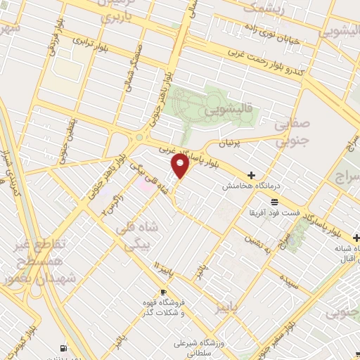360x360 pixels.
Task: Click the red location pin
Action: [180, 166]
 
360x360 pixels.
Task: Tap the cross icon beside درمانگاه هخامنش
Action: [251, 175]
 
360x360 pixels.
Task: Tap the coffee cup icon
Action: [164, 292]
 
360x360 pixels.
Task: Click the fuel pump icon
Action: [65, 347]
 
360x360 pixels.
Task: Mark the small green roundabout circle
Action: [139, 138]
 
